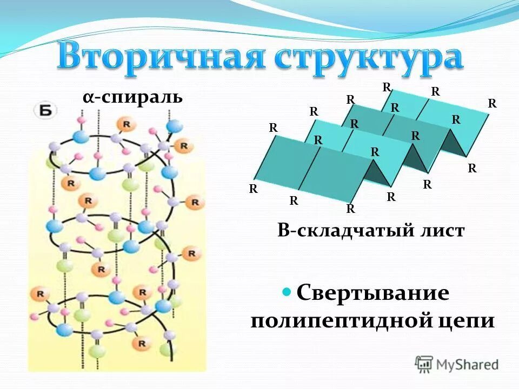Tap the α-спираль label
pos(132,98)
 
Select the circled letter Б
pos(46,110)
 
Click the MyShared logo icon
pos(424,363)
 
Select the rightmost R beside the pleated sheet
pos(492,103)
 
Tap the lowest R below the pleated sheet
pos(350,209)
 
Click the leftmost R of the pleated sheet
pos(253,189)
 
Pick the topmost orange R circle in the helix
pos(126,124)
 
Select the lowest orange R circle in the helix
pos(142,343)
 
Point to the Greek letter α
pos(87,98)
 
